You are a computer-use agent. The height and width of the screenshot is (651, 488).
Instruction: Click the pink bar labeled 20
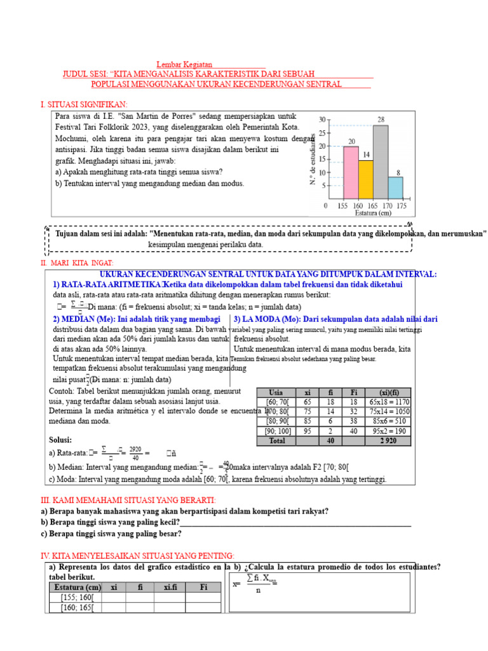coord(351,172)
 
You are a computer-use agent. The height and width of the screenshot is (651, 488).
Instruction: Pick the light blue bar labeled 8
coord(395,188)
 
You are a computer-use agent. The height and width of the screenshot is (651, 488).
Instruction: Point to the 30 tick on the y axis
coord(322,120)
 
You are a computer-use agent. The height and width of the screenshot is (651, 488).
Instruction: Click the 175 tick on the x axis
coord(402,206)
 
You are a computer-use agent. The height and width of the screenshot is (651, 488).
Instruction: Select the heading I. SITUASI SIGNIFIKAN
coord(84,104)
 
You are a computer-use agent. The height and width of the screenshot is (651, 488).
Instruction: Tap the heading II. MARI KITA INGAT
coord(77,263)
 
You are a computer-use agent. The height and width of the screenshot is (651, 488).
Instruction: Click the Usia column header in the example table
coord(276,392)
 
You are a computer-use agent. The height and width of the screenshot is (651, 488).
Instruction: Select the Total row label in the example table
coord(276,440)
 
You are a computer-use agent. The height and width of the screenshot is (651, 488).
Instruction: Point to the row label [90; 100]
coord(276,430)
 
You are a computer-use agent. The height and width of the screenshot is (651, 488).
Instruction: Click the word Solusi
coord(60,440)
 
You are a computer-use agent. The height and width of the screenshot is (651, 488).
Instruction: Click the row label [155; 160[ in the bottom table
coord(76,598)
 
